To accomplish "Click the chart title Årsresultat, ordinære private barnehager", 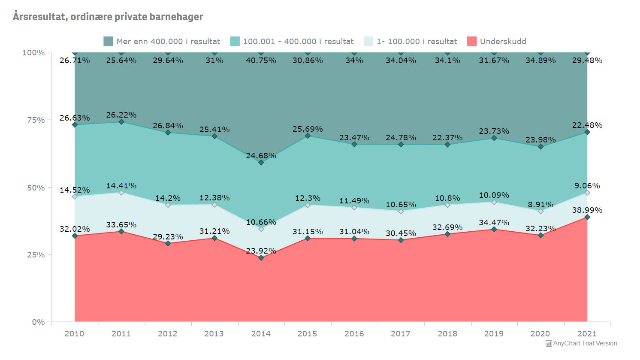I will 108,17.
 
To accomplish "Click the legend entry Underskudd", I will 502,42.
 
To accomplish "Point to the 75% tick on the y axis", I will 34,120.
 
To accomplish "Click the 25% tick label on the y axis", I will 34,255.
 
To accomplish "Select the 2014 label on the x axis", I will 261,334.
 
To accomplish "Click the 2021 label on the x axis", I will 587,334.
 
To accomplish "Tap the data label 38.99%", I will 587,210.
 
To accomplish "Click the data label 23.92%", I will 261,251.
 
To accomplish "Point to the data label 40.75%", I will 261,61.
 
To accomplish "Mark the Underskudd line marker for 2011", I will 121,232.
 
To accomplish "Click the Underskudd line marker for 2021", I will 587,218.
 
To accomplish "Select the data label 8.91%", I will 540,205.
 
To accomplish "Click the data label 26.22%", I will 121,115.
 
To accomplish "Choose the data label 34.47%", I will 494,223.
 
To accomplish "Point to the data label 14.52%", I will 75,190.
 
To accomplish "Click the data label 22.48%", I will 587,125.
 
